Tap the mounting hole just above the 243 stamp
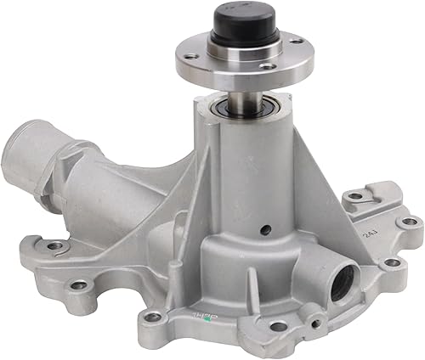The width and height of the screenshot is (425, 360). (354, 197)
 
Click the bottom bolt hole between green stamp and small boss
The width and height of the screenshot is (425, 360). (278, 326)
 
